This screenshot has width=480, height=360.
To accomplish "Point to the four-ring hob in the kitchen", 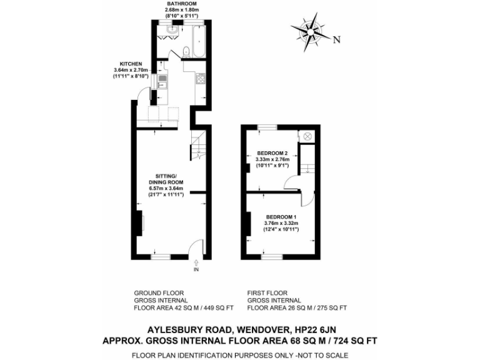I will [201, 79].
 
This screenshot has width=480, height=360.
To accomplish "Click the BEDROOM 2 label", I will [272, 153].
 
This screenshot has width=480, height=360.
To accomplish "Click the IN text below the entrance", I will [196, 270].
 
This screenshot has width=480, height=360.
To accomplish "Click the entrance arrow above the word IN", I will [196, 262].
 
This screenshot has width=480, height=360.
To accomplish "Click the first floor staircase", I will [307, 165].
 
